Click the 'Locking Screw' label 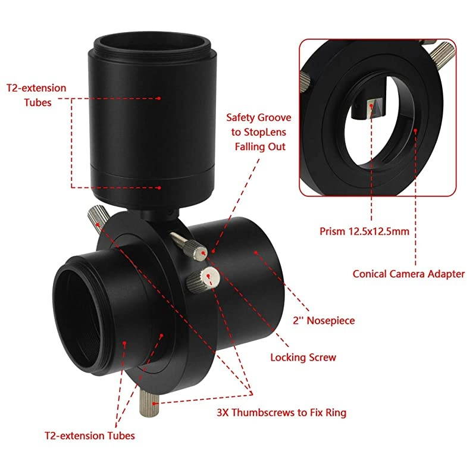[x=303, y=358]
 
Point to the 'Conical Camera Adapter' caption [x=408, y=274]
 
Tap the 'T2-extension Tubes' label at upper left [x=36, y=95]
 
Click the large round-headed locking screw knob [x=209, y=277]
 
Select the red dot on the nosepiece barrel [x=256, y=252]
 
